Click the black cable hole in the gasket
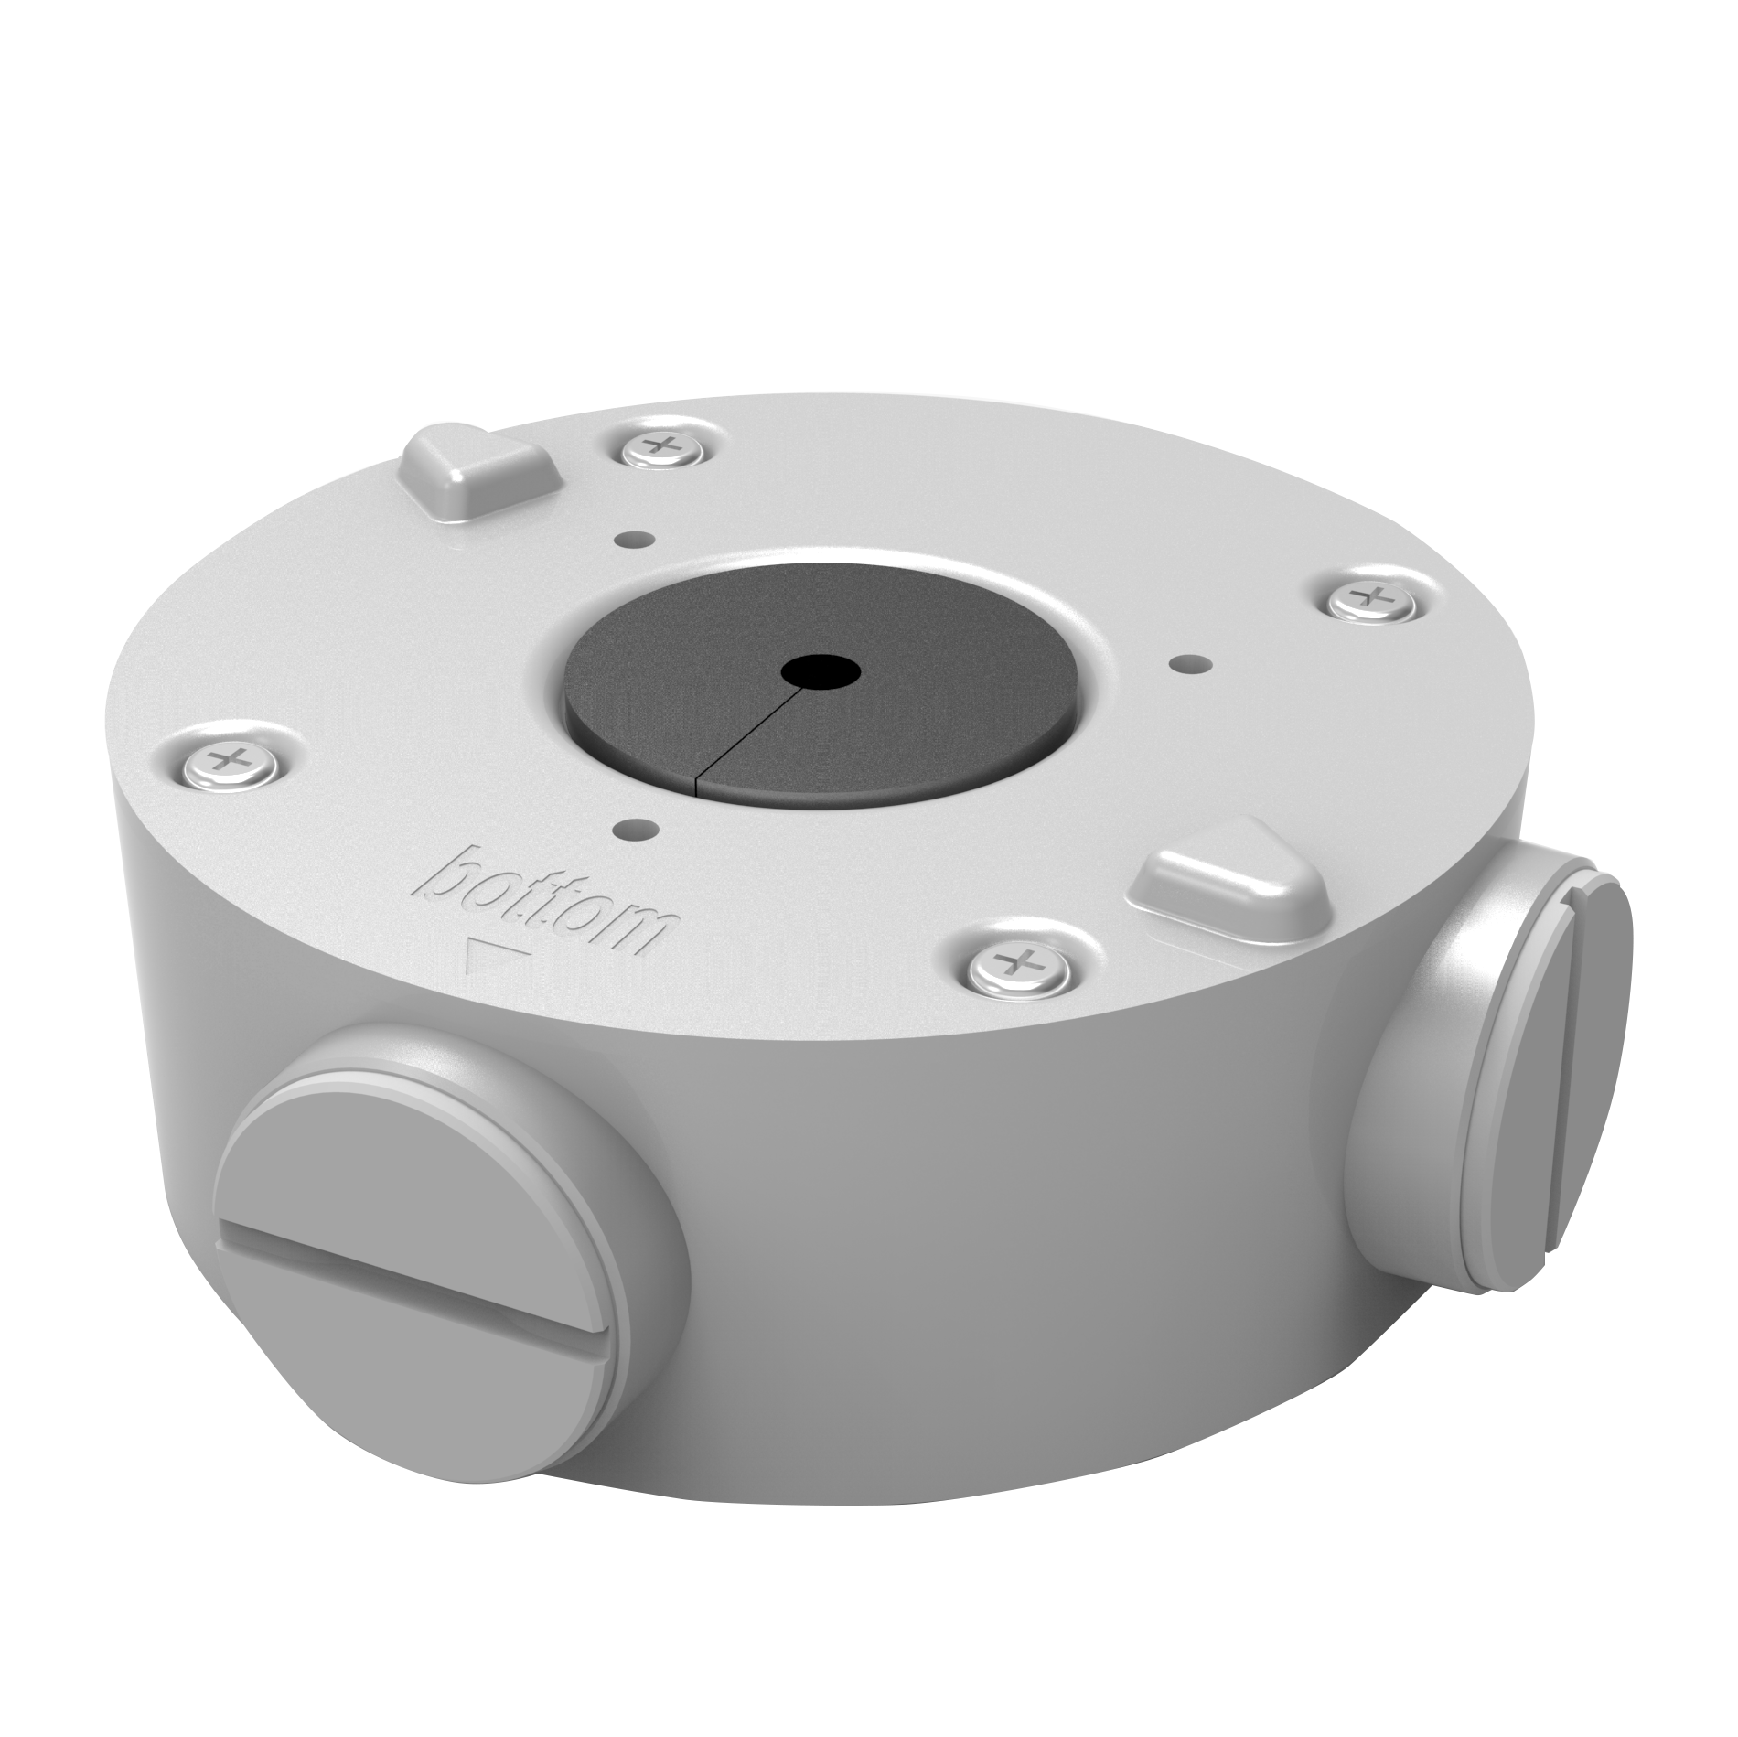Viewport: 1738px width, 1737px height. [x=821, y=674]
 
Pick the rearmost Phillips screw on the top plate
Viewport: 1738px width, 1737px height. [x=660, y=446]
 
